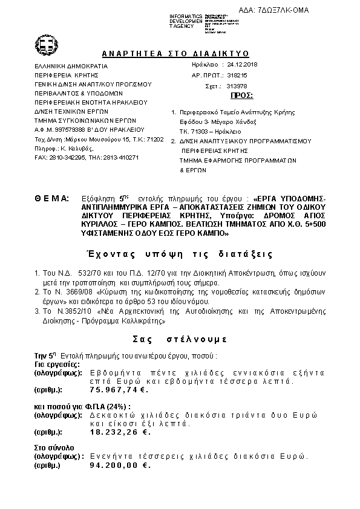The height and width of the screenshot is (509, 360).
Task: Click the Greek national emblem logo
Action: pyautogui.click(x=47, y=44)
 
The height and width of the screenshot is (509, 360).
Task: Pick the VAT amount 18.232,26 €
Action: pyautogui.click(x=120, y=432)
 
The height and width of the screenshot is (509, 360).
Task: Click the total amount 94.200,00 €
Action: pyautogui.click(x=120, y=466)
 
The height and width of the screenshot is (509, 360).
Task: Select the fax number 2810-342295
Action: pyautogui.click(x=71, y=157)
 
